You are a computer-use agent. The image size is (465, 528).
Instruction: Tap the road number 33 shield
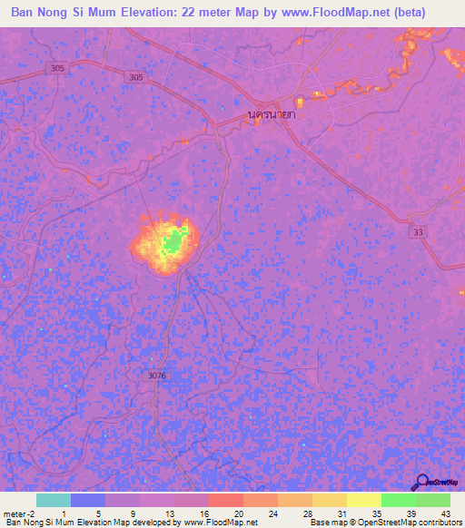click(x=419, y=233)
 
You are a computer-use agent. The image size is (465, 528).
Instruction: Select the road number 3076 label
click(x=156, y=375)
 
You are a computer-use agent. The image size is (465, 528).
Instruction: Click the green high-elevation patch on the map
click(x=173, y=241)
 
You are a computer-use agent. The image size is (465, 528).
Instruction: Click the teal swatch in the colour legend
click(x=53, y=500)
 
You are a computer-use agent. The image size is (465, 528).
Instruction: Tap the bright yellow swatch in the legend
click(x=363, y=500)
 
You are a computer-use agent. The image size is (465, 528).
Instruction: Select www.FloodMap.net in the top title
click(x=322, y=14)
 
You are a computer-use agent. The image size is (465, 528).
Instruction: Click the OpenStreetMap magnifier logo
click(x=422, y=483)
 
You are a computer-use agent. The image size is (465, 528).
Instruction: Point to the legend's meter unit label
click(x=15, y=513)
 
